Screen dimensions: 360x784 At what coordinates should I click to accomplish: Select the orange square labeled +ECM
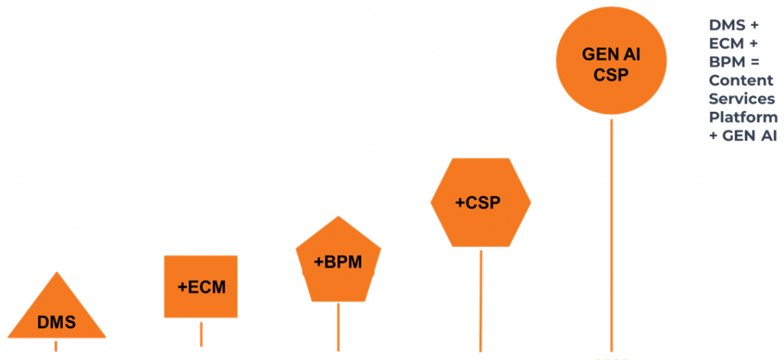pos(201,286)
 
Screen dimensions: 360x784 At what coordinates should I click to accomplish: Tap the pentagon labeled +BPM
pos(338,263)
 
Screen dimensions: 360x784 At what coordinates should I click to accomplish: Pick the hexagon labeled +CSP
pos(480,202)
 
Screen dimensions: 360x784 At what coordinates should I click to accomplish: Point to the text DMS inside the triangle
pos(57,322)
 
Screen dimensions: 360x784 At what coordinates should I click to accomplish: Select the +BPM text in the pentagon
pos(338,262)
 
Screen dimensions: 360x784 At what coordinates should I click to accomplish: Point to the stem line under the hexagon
pos(481,299)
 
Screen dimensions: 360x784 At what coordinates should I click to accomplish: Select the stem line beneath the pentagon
pos(338,326)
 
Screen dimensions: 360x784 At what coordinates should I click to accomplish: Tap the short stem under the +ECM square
pos(201,334)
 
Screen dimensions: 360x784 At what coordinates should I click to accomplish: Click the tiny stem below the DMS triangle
pos(56,345)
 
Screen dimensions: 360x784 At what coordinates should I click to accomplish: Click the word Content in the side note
pos(740,80)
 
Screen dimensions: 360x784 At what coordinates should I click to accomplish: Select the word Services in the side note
pos(742,99)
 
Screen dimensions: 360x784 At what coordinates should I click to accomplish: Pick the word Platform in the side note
pos(743,117)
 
